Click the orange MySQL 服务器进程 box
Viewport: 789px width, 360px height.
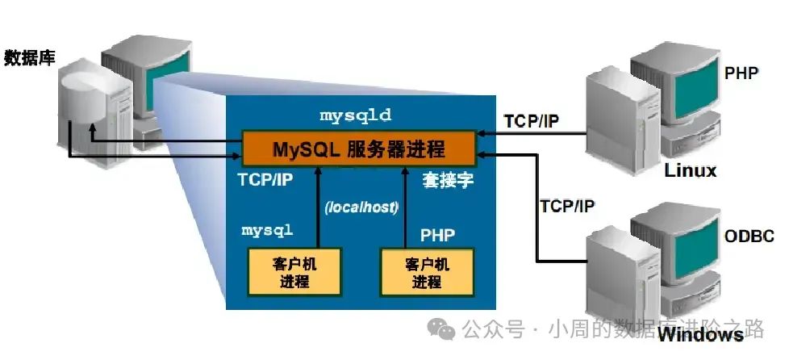coord(359,149)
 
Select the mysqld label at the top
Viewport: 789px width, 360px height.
coord(355,115)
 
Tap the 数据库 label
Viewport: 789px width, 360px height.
coord(29,57)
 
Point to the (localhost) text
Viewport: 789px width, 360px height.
coord(361,207)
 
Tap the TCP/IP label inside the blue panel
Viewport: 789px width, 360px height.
coord(265,180)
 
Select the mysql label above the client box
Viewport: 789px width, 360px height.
coord(267,230)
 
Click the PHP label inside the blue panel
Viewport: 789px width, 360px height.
coord(437,235)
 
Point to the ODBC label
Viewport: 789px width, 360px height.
coord(749,237)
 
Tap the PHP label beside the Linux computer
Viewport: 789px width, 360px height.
coord(741,73)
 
